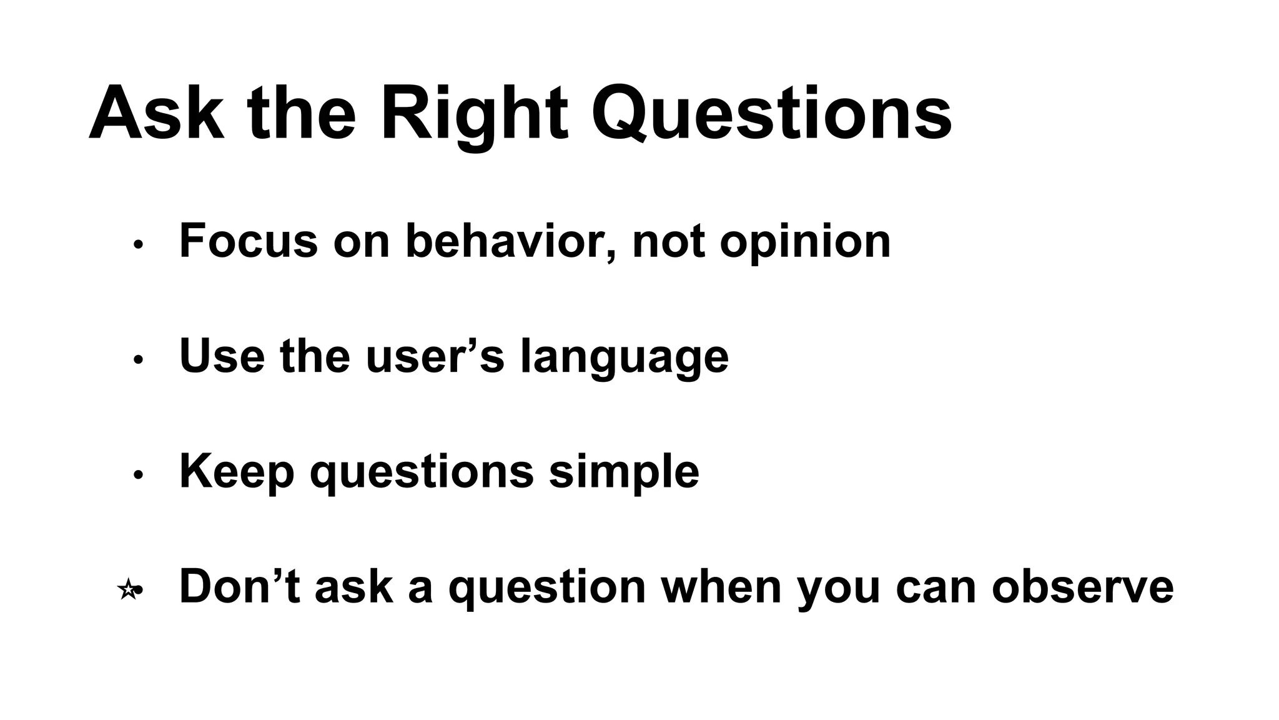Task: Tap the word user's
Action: (x=435, y=356)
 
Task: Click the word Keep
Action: (x=237, y=472)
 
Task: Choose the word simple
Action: (x=624, y=472)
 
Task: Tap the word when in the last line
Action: (x=721, y=586)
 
